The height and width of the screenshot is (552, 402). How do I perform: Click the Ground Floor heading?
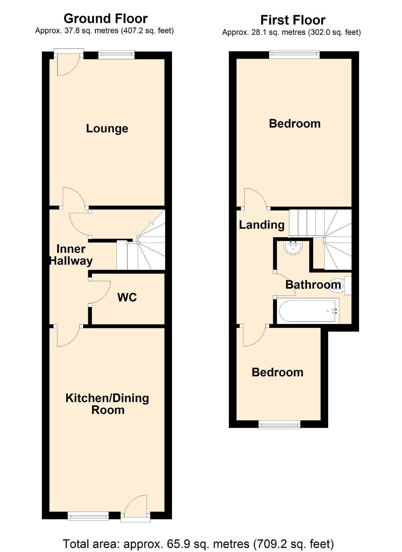point(106,19)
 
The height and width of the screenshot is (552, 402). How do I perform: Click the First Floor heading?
point(293,20)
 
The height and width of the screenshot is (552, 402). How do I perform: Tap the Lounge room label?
point(107,128)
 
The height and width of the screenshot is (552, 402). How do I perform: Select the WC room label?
point(127,297)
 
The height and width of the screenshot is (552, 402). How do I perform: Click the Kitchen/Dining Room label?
point(107,404)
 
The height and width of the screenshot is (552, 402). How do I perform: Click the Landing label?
point(262,225)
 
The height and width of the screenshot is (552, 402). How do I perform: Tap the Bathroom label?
point(313,285)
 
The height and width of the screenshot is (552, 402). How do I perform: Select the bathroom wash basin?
point(293,247)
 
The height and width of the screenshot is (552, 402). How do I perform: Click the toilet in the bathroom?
point(338,285)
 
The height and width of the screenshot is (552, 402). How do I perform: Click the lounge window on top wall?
point(116,55)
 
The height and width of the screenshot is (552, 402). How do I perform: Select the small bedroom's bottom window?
point(279,424)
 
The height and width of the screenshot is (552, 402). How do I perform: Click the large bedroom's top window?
point(294,54)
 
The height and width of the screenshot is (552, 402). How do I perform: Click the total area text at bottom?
point(198,544)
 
